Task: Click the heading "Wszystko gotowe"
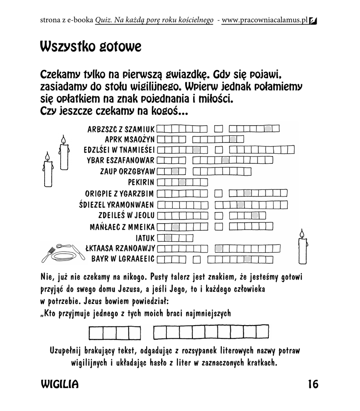[90, 47]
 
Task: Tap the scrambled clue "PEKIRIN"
[141, 182]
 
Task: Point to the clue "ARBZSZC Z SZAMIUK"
[121, 129]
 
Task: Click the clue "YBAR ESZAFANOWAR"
[121, 161]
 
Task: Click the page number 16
[313, 384]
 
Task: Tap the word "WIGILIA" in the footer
[60, 385]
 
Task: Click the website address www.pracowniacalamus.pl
[264, 20]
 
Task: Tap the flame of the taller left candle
[63, 139]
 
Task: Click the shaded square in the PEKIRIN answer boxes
[182, 182]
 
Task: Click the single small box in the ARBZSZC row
[219, 129]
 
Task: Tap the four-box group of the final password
[114, 333]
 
